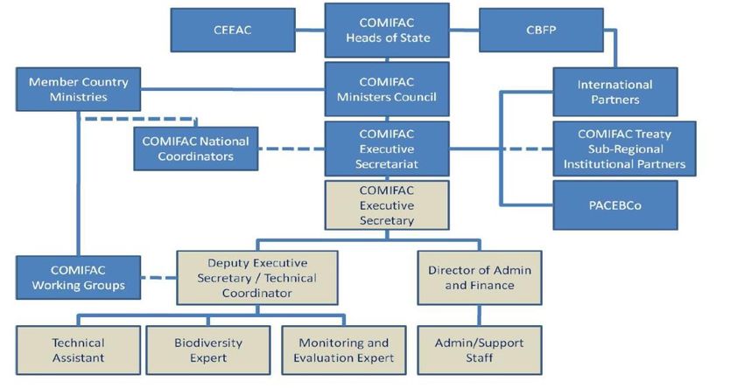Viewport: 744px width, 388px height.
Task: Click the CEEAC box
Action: tap(233, 30)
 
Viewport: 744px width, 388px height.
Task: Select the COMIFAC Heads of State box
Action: tap(387, 31)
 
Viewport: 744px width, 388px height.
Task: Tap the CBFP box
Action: tap(541, 30)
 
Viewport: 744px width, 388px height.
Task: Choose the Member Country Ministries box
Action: tap(78, 89)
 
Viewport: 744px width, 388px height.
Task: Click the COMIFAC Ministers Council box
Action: tap(387, 89)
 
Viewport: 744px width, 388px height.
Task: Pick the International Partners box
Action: tap(615, 92)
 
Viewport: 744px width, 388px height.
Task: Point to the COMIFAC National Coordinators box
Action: tap(195, 149)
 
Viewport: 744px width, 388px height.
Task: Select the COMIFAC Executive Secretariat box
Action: tap(387, 149)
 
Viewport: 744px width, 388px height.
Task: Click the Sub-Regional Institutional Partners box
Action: tap(624, 149)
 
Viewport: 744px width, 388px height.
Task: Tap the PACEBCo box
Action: tap(615, 205)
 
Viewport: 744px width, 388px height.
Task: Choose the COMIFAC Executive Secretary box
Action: tap(387, 205)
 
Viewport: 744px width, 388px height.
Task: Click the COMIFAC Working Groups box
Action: tap(78, 278)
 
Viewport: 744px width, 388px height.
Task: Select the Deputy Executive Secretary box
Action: tap(257, 278)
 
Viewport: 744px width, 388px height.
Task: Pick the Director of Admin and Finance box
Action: tap(480, 278)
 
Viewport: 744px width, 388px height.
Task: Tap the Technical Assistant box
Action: tap(78, 350)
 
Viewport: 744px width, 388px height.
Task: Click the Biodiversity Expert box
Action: tap(208, 350)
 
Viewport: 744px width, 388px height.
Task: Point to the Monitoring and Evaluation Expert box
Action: tap(343, 350)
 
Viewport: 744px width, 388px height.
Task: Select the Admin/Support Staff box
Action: tap(480, 350)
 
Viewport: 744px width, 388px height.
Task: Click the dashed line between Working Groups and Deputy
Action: tap(159, 278)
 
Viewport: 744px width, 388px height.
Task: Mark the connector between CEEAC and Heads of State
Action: tap(310, 30)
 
